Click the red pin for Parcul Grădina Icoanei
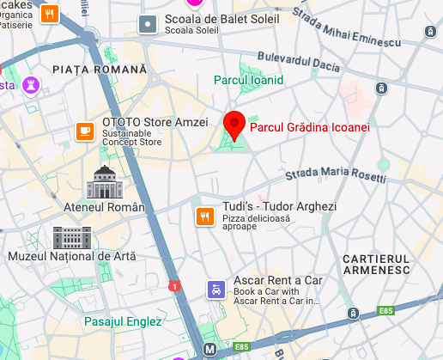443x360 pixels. click(x=234, y=125)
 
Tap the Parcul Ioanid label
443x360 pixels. click(x=248, y=80)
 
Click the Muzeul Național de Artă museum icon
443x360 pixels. click(x=72, y=236)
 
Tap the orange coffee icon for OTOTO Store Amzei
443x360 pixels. click(x=84, y=130)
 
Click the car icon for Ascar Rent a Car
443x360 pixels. click(x=213, y=290)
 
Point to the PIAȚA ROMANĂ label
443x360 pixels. click(x=100, y=69)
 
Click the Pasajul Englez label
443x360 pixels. click(x=124, y=321)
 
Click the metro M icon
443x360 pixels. click(x=209, y=351)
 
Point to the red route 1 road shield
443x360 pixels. click(x=175, y=285)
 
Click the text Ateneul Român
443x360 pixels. click(x=105, y=207)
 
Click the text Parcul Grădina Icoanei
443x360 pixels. click(x=309, y=127)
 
